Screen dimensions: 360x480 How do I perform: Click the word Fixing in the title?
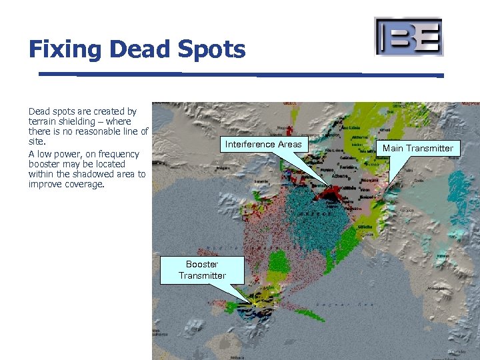pyautogui.click(x=64, y=49)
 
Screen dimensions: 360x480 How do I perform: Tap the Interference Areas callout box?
pyautogui.click(x=263, y=144)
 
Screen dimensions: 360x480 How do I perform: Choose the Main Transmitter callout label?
pyautogui.click(x=417, y=148)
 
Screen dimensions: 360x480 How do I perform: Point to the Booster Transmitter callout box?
pyautogui.click(x=202, y=270)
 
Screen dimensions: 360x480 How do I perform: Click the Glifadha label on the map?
pyautogui.click(x=366, y=227)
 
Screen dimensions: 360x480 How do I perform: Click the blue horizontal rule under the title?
pyautogui.click(x=240, y=74)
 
